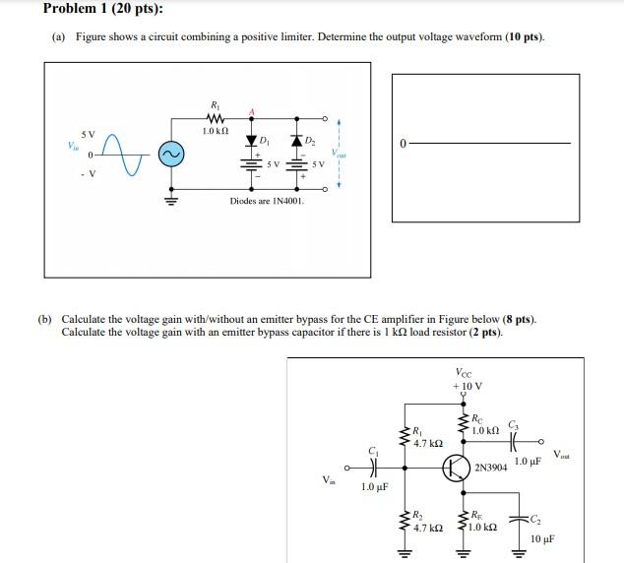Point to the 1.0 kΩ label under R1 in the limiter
pyautogui.click(x=215, y=131)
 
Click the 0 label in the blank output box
pyautogui.click(x=402, y=144)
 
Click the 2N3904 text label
pyautogui.click(x=491, y=469)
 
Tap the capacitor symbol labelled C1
pyautogui.click(x=373, y=468)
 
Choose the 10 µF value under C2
pyautogui.click(x=542, y=538)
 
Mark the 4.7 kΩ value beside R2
pyautogui.click(x=428, y=529)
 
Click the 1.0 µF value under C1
pyautogui.click(x=375, y=487)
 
